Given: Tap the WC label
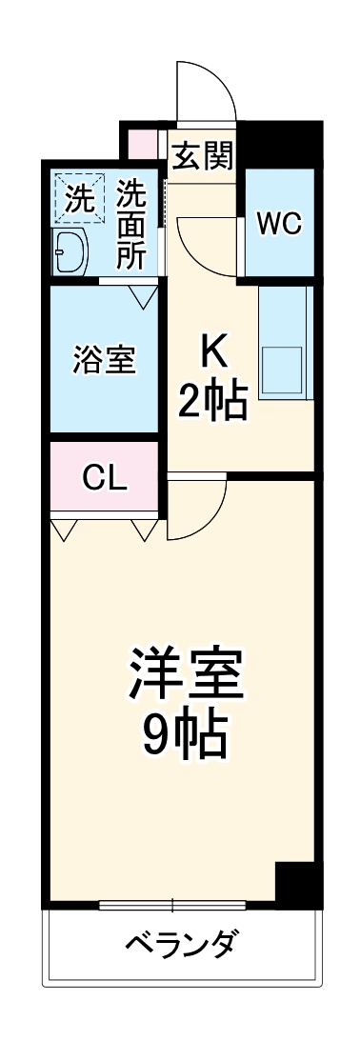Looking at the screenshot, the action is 279,224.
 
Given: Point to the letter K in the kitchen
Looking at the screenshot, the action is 214,353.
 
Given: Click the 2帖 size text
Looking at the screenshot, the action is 214,403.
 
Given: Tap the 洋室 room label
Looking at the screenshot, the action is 186,674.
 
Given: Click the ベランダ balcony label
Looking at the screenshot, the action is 182,947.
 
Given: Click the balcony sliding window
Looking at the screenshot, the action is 172,904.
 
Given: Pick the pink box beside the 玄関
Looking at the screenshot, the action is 144,140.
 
